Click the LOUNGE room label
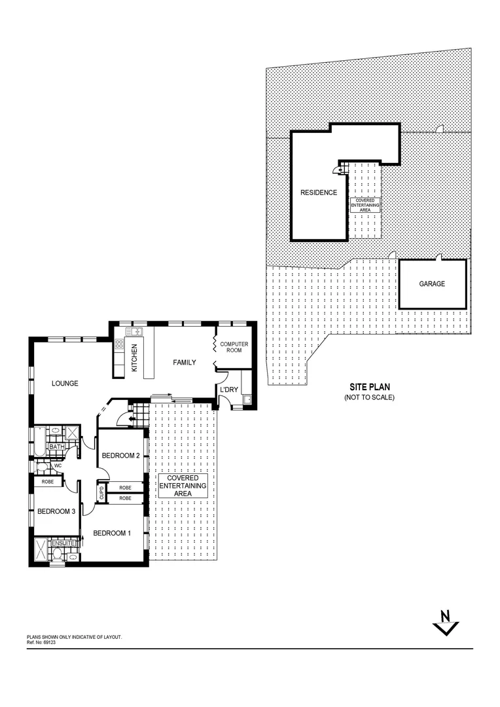[x=65, y=383]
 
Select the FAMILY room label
[x=184, y=362]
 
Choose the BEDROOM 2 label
[x=122, y=456]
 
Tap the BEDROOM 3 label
[x=55, y=512]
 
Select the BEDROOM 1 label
[x=112, y=533]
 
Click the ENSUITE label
[x=63, y=543]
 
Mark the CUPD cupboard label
[x=101, y=493]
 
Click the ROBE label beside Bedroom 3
[x=48, y=482]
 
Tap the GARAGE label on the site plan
[x=432, y=284]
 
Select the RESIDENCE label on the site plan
[x=319, y=192]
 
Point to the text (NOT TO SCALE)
[x=369, y=397]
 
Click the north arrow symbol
[x=446, y=623]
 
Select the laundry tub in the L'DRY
[x=246, y=399]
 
